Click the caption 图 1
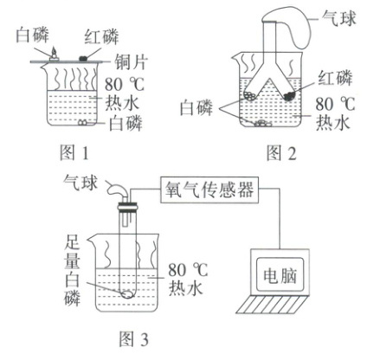(74, 152)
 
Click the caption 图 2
(281, 152)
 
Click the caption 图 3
(133, 339)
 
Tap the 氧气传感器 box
(209, 190)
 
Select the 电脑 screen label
(280, 275)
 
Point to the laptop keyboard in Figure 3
(272, 304)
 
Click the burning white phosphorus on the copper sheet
(54, 55)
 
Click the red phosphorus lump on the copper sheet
(83, 59)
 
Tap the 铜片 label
(132, 61)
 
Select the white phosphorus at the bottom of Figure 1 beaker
(82, 122)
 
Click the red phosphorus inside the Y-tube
(288, 96)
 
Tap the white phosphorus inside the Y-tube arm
(249, 95)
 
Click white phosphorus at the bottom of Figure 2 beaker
(263, 124)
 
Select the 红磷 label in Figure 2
(335, 78)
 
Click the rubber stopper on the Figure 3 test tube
(127, 207)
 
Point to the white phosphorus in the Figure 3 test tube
(127, 294)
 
